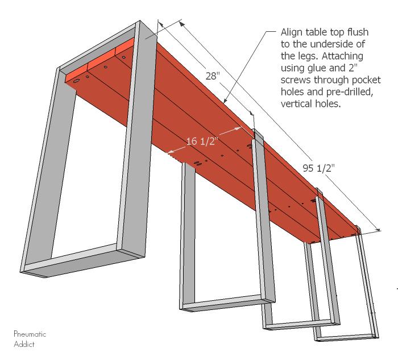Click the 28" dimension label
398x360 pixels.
[213, 76]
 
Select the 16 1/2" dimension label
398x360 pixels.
[202, 141]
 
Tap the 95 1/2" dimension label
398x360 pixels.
[318, 168]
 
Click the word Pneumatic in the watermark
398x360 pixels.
[30, 334]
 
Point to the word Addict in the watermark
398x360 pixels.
[24, 344]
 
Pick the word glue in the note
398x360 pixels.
[317, 68]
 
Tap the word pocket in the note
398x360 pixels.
[366, 80]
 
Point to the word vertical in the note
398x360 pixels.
[295, 104]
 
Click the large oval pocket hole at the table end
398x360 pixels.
[76, 81]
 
